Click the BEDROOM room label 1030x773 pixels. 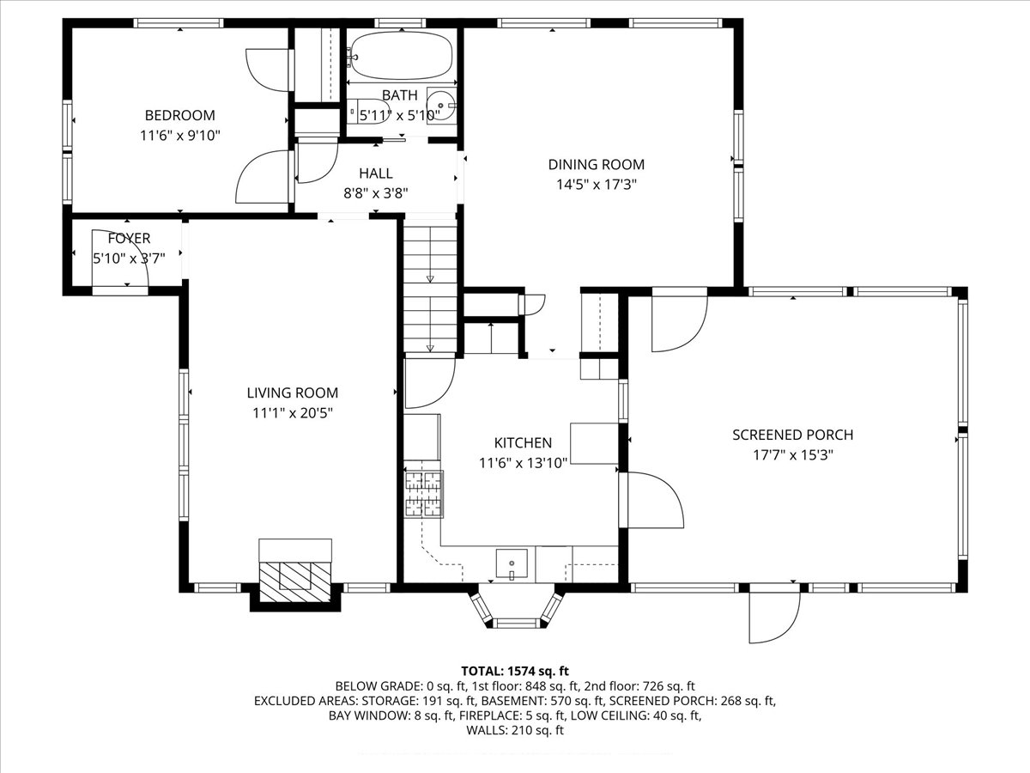179,115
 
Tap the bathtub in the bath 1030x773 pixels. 402,56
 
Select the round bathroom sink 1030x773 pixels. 440,106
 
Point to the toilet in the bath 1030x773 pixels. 371,112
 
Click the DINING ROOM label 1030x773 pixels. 596,164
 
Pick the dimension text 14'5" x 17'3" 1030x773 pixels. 596,185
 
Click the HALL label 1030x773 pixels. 375,173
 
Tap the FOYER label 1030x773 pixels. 129,238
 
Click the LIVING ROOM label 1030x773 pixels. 293,393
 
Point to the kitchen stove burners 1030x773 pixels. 423,495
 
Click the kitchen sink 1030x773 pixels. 512,563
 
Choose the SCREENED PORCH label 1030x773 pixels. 792,435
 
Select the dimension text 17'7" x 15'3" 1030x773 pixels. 792,455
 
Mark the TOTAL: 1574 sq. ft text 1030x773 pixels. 515,671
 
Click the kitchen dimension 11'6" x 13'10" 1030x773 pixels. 523,463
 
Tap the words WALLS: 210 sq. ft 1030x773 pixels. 515,730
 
